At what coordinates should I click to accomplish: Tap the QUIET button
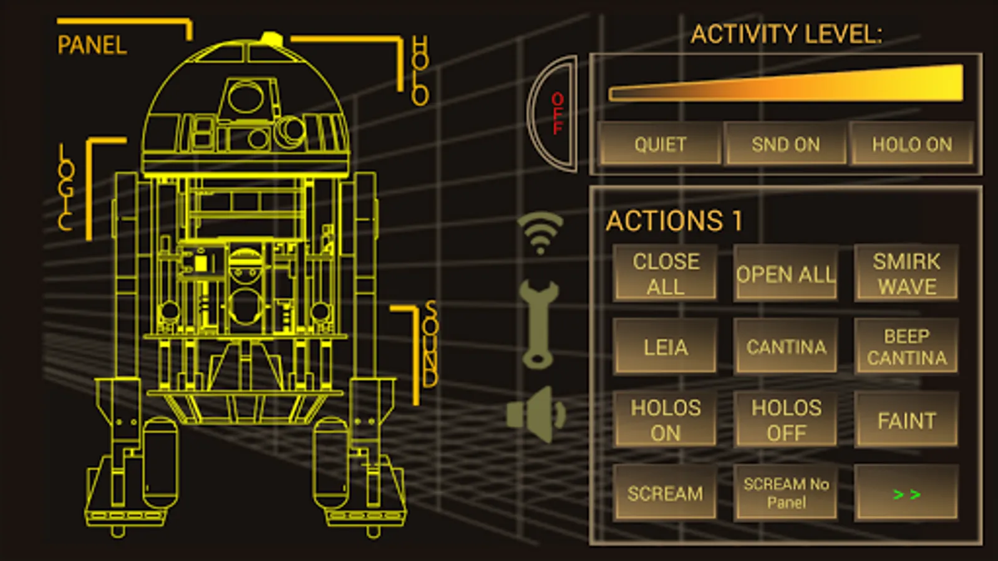click(660, 144)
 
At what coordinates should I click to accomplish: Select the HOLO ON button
click(911, 144)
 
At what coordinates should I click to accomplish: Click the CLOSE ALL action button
click(665, 273)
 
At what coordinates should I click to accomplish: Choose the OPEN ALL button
click(786, 273)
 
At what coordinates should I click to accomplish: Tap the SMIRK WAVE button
click(906, 273)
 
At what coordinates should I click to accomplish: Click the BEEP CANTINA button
click(906, 347)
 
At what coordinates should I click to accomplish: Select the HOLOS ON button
click(665, 420)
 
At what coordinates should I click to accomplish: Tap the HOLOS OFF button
click(786, 420)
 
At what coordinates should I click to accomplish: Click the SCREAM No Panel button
click(786, 492)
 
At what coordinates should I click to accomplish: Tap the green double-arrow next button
click(906, 492)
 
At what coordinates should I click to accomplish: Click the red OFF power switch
click(553, 114)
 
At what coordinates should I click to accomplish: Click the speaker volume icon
click(536, 414)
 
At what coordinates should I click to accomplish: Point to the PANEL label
click(92, 45)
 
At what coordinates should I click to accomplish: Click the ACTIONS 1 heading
click(674, 221)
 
